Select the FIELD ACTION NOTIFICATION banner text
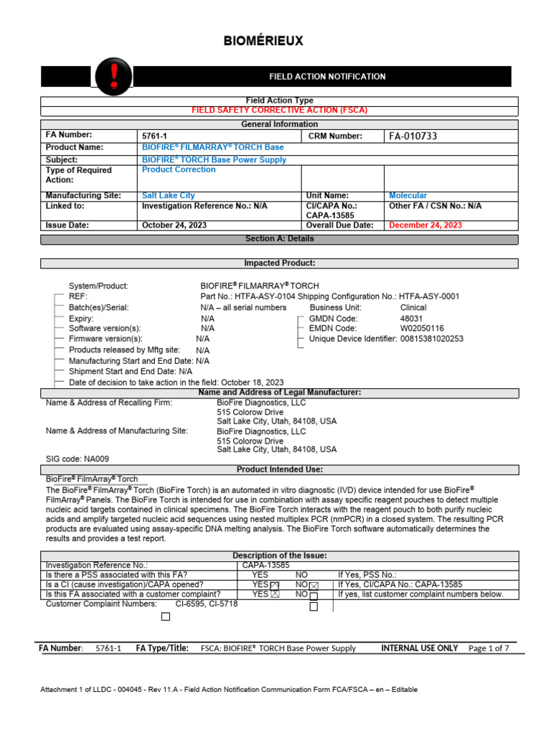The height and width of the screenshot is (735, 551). [x=327, y=77]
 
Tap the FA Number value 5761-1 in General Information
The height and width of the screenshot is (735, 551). [x=156, y=136]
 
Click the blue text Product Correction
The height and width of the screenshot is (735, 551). [x=179, y=170]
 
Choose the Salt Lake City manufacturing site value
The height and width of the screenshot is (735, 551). [x=169, y=195]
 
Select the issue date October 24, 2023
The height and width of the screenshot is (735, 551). [x=175, y=225]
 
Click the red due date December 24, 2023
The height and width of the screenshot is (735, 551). [x=425, y=225]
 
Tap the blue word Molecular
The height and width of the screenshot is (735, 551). [x=408, y=195]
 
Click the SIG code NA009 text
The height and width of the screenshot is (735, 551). [x=77, y=459]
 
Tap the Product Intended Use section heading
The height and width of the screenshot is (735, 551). [x=279, y=469]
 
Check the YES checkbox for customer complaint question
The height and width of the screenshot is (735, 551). [x=274, y=595]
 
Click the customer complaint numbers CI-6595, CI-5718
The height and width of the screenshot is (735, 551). [x=207, y=604]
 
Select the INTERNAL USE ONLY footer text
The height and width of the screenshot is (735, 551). [x=419, y=648]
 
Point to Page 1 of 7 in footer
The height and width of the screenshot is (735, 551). [x=489, y=648]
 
